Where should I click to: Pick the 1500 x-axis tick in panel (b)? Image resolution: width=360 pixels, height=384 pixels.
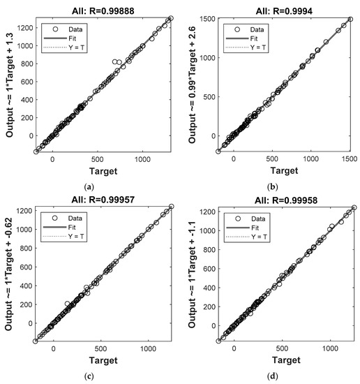345,160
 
